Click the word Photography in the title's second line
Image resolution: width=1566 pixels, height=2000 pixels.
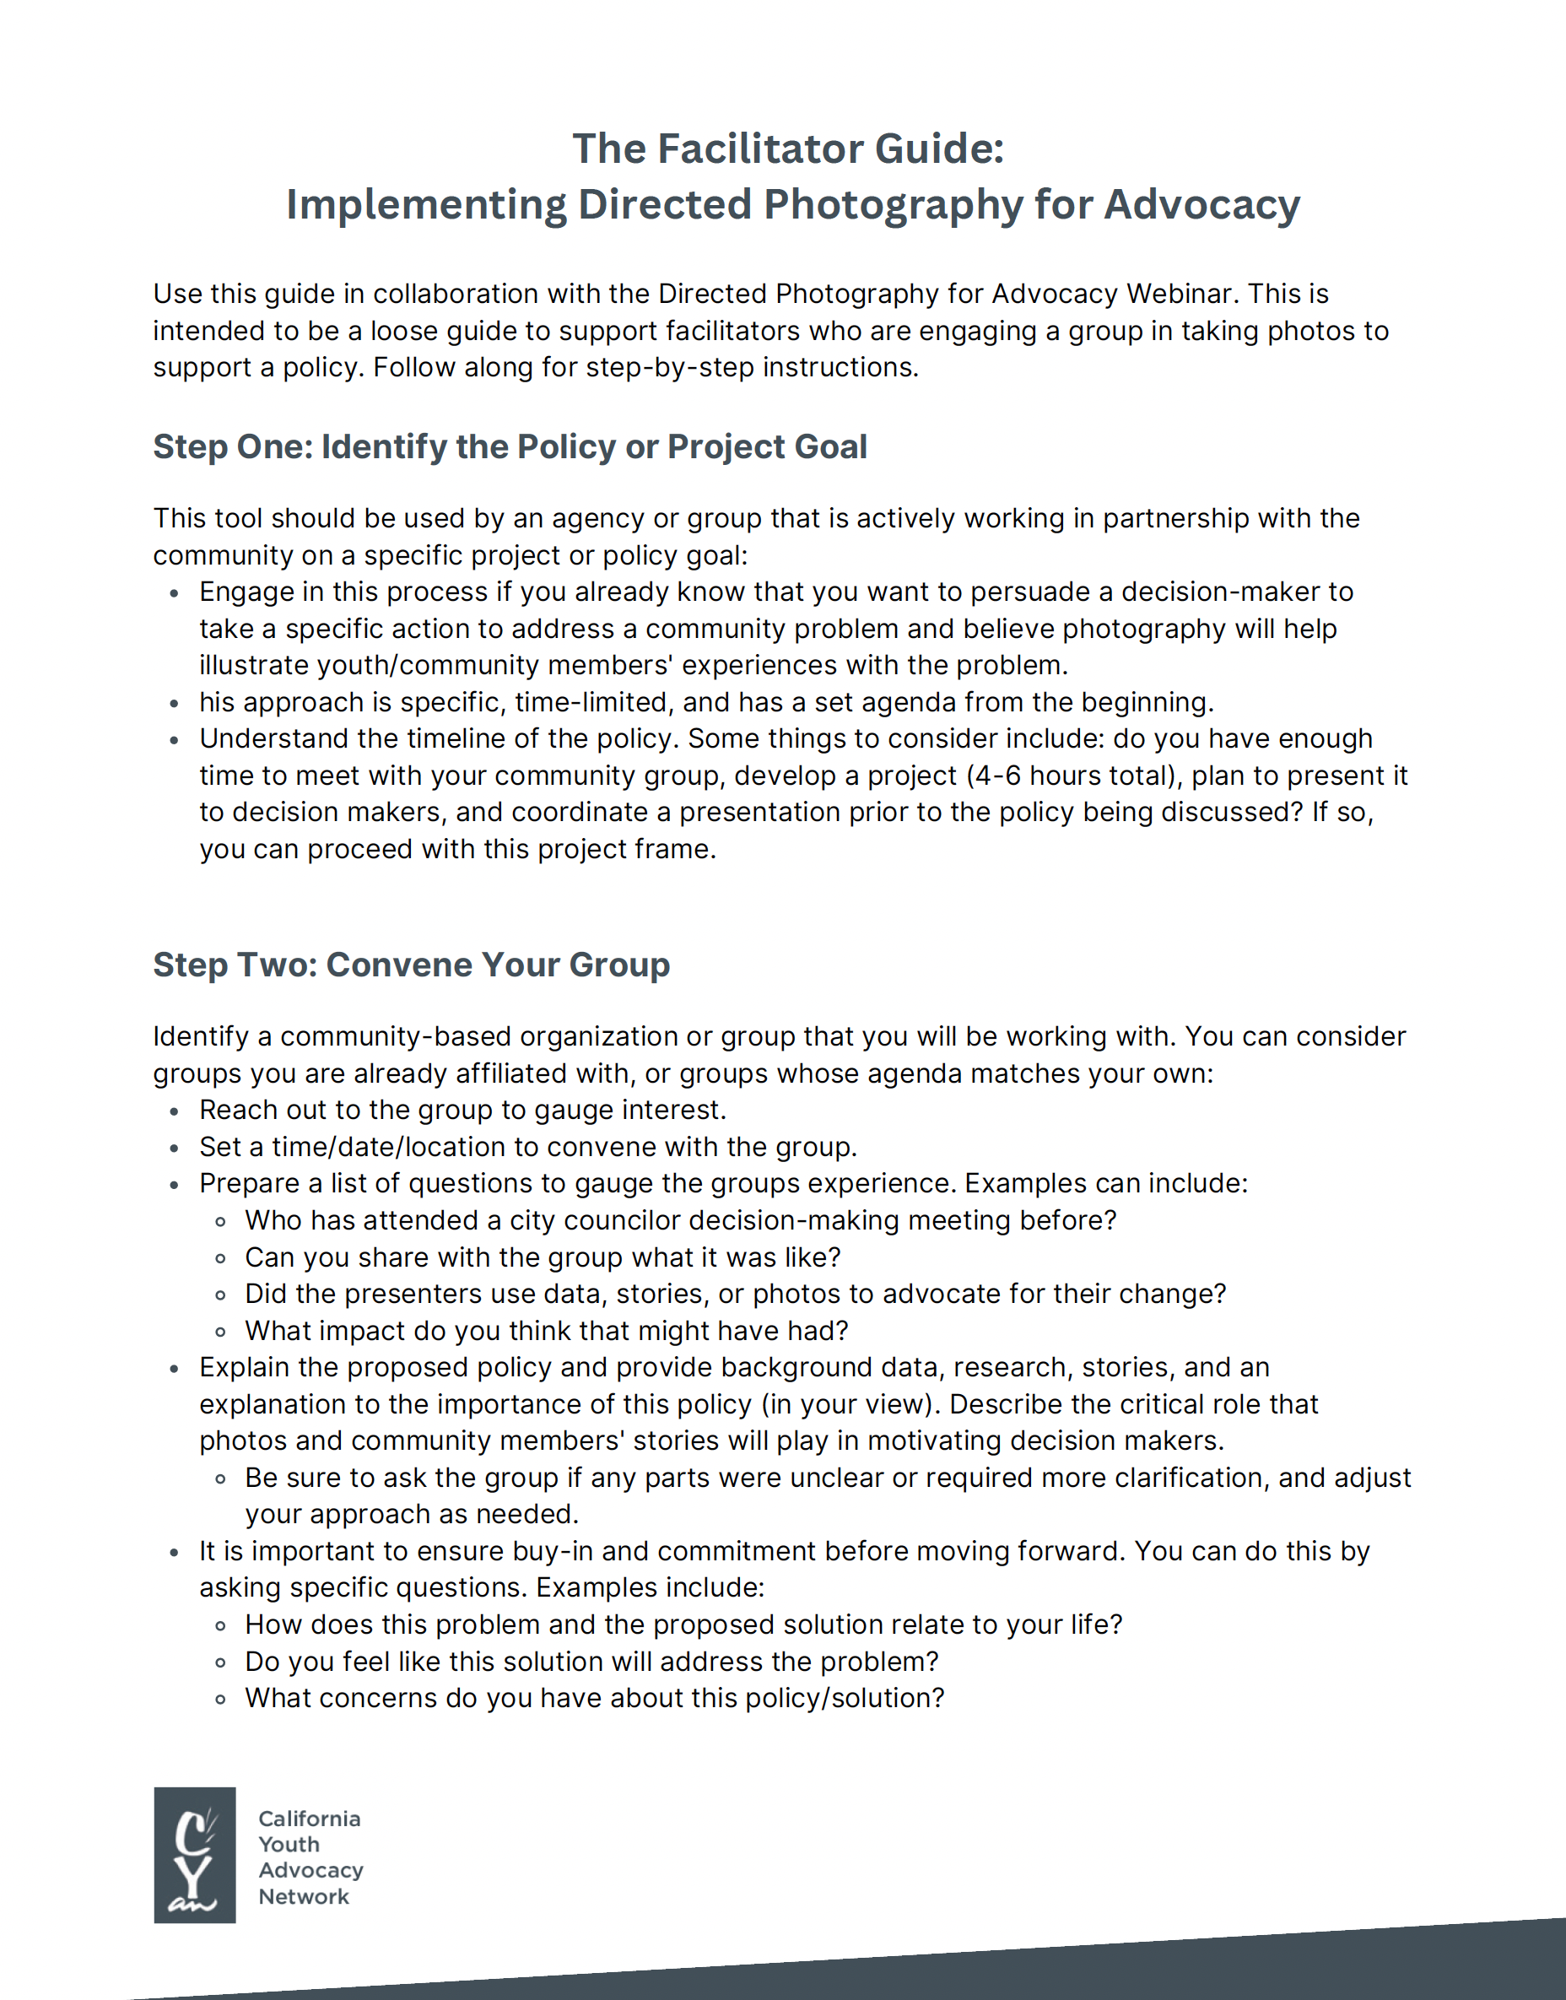893,204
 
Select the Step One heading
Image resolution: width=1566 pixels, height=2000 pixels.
510,446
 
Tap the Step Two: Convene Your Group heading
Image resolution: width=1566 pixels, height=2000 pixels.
411,965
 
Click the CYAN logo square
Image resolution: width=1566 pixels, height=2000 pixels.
194,1853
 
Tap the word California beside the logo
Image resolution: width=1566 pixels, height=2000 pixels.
309,1819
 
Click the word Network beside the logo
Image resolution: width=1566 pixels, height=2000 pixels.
304,1896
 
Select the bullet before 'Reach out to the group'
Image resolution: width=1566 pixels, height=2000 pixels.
174,1111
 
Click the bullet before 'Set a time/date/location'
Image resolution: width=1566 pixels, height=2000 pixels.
174,1148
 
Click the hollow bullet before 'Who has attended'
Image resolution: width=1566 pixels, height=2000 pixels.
220,1221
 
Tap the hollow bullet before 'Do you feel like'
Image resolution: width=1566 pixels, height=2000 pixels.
220,1662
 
